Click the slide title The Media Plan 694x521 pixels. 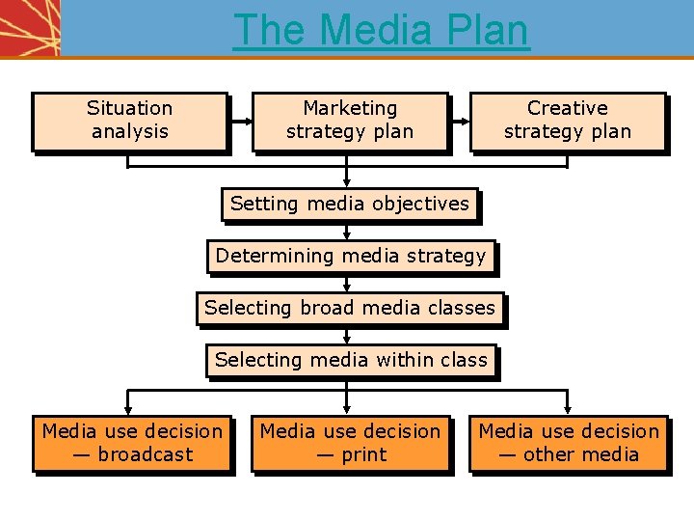(381, 29)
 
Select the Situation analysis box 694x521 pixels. (129, 121)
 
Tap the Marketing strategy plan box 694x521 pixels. (350, 121)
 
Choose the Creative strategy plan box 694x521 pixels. (568, 121)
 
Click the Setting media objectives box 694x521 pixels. (350, 205)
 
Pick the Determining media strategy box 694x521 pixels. (351, 257)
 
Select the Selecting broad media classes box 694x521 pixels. (350, 309)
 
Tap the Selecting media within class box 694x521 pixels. (351, 361)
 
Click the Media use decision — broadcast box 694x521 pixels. (132, 444)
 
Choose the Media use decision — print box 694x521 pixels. (350, 444)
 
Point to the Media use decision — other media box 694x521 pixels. (569, 444)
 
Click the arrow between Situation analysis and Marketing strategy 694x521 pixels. (240, 122)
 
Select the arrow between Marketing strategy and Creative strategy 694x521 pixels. (459, 122)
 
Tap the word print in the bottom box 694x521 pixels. (364, 455)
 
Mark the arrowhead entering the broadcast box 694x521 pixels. (129, 410)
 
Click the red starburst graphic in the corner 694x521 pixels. (29, 27)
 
